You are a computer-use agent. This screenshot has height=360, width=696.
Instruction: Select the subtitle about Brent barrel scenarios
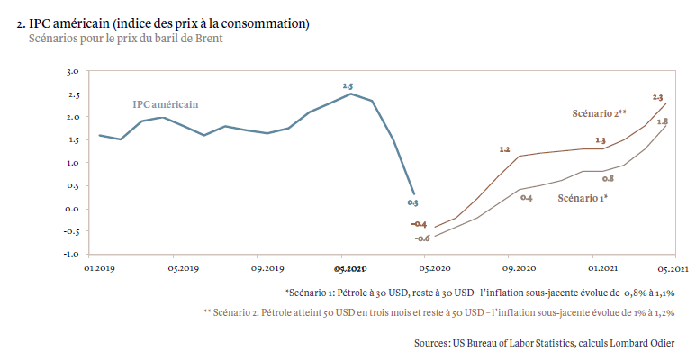click(x=125, y=38)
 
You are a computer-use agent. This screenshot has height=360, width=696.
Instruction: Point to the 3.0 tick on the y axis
click(x=74, y=71)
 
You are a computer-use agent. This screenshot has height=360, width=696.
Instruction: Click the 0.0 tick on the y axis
click(x=74, y=209)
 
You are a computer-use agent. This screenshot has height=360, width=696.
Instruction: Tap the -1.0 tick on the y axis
click(x=72, y=255)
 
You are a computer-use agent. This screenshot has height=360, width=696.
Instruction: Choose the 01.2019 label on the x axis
click(x=99, y=268)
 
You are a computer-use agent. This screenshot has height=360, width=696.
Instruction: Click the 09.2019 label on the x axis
click(x=268, y=268)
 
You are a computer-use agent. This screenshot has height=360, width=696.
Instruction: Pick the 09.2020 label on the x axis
click(x=520, y=268)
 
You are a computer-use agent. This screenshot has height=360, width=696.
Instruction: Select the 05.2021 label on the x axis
click(x=672, y=268)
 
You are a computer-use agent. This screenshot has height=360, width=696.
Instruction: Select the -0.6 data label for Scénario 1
click(x=421, y=238)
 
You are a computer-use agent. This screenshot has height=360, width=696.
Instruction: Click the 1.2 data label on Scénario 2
click(x=504, y=149)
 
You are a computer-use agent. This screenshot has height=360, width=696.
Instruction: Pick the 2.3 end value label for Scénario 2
click(x=658, y=96)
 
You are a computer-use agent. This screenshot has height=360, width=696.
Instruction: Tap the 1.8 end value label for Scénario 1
click(x=662, y=121)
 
